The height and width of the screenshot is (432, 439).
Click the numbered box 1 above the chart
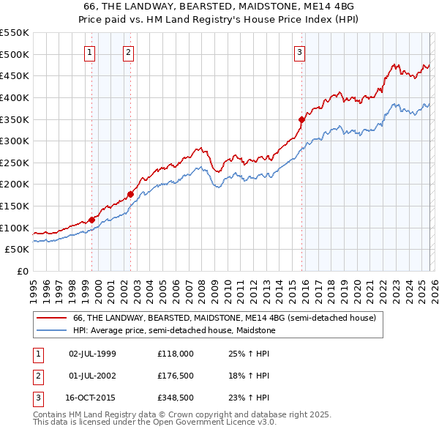89,52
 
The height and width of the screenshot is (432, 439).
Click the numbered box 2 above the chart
128,52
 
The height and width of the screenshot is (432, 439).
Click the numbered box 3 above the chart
300,52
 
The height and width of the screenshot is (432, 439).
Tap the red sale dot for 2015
301,119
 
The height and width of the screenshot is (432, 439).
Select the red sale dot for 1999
91,220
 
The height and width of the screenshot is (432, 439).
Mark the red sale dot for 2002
130,194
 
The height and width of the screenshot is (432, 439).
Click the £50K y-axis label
17,250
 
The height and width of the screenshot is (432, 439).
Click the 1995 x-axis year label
33,288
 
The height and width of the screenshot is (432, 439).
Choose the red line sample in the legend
51,319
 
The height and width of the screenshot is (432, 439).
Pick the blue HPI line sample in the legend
51,331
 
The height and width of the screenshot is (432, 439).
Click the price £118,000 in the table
176,353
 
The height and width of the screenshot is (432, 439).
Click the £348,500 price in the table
176,398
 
